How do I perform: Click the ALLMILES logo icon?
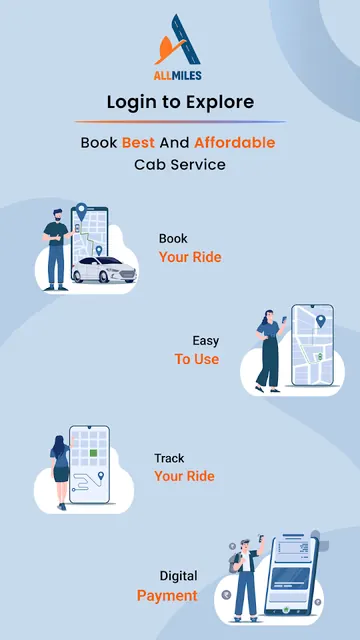[178, 40]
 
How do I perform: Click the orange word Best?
[138, 143]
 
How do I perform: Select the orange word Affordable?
[235, 143]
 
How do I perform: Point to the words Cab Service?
[180, 165]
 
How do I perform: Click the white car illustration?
[104, 270]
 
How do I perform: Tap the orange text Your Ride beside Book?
[190, 257]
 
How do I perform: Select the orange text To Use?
[197, 359]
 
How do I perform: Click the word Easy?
[206, 341]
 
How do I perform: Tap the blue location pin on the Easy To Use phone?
[321, 321]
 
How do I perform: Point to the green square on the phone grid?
[93, 453]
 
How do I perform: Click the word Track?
[169, 458]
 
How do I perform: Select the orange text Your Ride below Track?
[184, 476]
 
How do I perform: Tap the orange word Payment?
[167, 596]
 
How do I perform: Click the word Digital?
[178, 576]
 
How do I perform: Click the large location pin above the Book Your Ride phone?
[82, 212]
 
